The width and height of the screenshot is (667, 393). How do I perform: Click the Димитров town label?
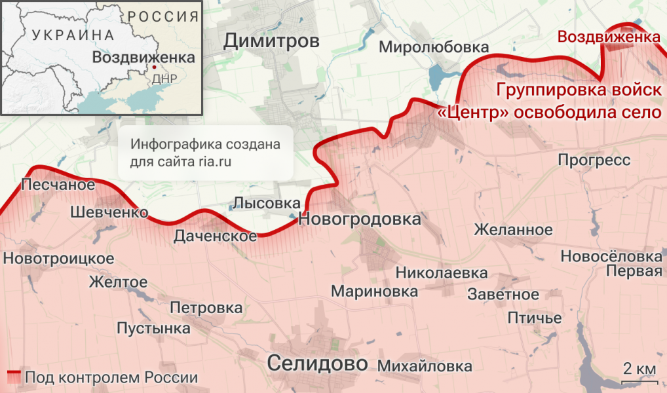point(271,41)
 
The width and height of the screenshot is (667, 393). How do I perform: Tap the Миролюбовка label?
point(434,47)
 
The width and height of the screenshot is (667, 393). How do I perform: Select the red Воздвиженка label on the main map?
point(608,37)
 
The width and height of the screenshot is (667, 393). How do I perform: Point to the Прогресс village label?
point(594,160)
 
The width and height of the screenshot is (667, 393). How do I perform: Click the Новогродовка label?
point(359,219)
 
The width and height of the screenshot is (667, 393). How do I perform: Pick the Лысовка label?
point(267,203)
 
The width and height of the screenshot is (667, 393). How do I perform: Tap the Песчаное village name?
point(58,185)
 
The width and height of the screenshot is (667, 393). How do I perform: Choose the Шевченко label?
point(108,212)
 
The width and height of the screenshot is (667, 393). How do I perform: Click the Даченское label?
point(215,236)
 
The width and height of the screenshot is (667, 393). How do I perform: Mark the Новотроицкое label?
point(58,259)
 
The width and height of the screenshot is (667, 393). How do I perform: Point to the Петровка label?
point(206,307)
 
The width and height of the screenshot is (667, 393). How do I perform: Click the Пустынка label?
point(153,328)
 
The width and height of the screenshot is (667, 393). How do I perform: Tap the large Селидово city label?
point(317,363)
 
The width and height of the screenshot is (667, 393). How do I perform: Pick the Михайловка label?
point(425,365)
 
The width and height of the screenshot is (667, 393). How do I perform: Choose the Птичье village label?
point(535,318)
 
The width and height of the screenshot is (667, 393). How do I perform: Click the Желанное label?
point(513,230)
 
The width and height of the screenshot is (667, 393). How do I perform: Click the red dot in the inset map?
point(154,67)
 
